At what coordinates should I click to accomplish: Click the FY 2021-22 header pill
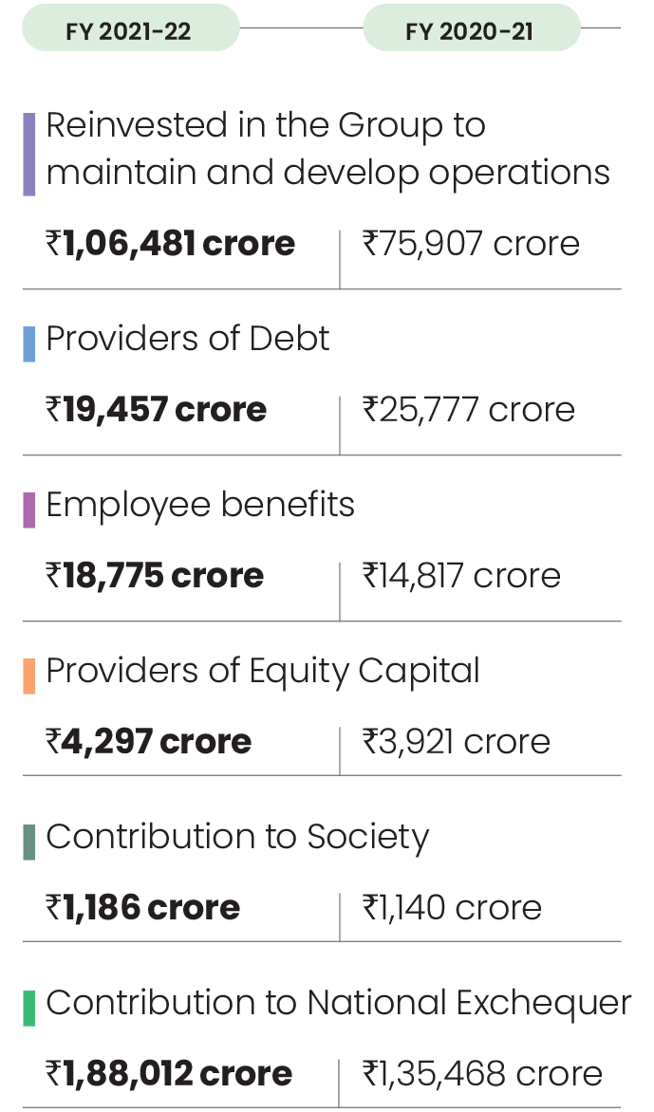(129, 31)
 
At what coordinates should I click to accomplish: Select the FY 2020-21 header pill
(470, 31)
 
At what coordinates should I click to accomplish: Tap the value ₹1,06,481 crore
(171, 245)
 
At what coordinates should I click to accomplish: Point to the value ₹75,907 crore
(470, 245)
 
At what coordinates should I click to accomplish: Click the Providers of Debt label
(188, 339)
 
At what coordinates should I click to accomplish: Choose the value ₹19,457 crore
(157, 410)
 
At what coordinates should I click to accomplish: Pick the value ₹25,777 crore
(468, 410)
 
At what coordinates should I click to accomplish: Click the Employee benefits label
(200, 505)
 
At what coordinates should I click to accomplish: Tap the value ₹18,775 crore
(155, 576)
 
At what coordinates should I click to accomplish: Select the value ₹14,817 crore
(460, 576)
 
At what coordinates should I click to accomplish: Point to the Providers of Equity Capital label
(263, 671)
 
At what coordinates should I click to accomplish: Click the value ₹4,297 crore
(149, 741)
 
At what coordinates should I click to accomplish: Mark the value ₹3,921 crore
(456, 741)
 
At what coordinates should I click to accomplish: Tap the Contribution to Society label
(237, 837)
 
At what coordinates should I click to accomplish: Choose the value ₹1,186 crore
(143, 908)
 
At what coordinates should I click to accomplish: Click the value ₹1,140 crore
(452, 908)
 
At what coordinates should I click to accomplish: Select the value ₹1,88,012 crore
(169, 1074)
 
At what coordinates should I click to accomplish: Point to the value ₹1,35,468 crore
(481, 1074)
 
